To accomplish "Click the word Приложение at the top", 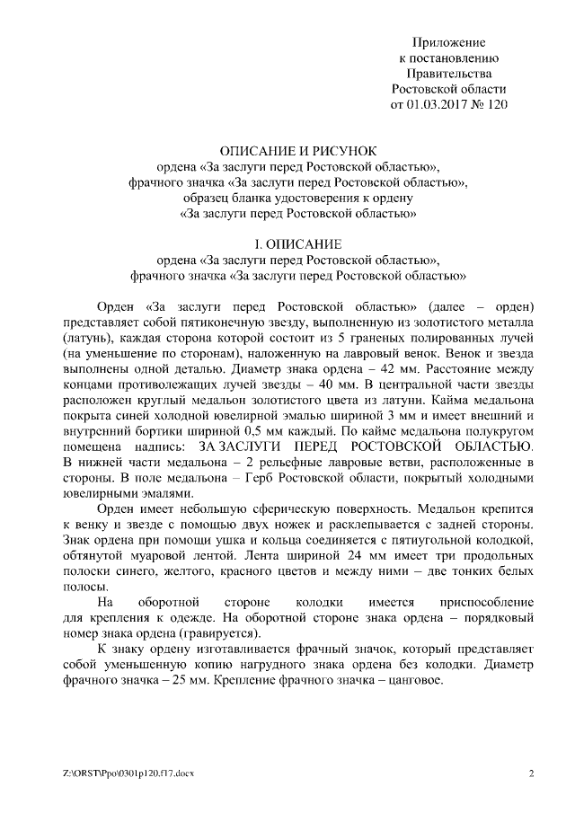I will pos(448,42).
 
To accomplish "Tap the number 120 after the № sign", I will pos(496,104).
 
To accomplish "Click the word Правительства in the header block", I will pos(449,74).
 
